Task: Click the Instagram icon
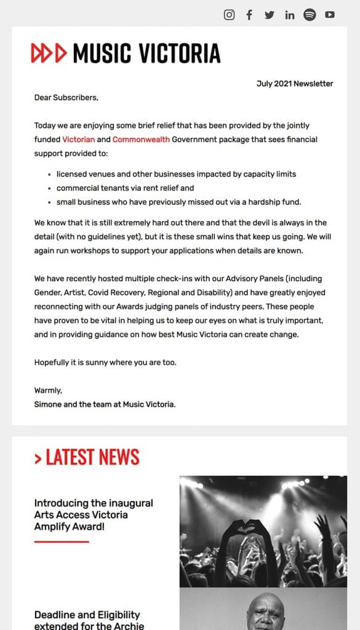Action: (229, 15)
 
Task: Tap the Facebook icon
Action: (249, 15)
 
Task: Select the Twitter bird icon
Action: (270, 15)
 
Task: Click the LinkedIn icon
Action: (290, 15)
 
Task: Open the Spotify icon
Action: (310, 15)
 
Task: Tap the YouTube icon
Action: (330, 15)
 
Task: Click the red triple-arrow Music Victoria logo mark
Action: (49, 54)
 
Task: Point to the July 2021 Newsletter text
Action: (295, 84)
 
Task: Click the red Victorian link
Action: (78, 140)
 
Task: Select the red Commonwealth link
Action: (141, 140)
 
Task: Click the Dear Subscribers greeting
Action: (66, 97)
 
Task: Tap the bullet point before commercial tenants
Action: (49, 188)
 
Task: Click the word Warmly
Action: (48, 390)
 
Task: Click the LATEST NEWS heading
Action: (87, 457)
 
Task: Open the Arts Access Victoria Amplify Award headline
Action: (94, 515)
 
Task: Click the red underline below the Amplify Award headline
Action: (62, 541)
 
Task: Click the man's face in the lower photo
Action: (265, 612)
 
